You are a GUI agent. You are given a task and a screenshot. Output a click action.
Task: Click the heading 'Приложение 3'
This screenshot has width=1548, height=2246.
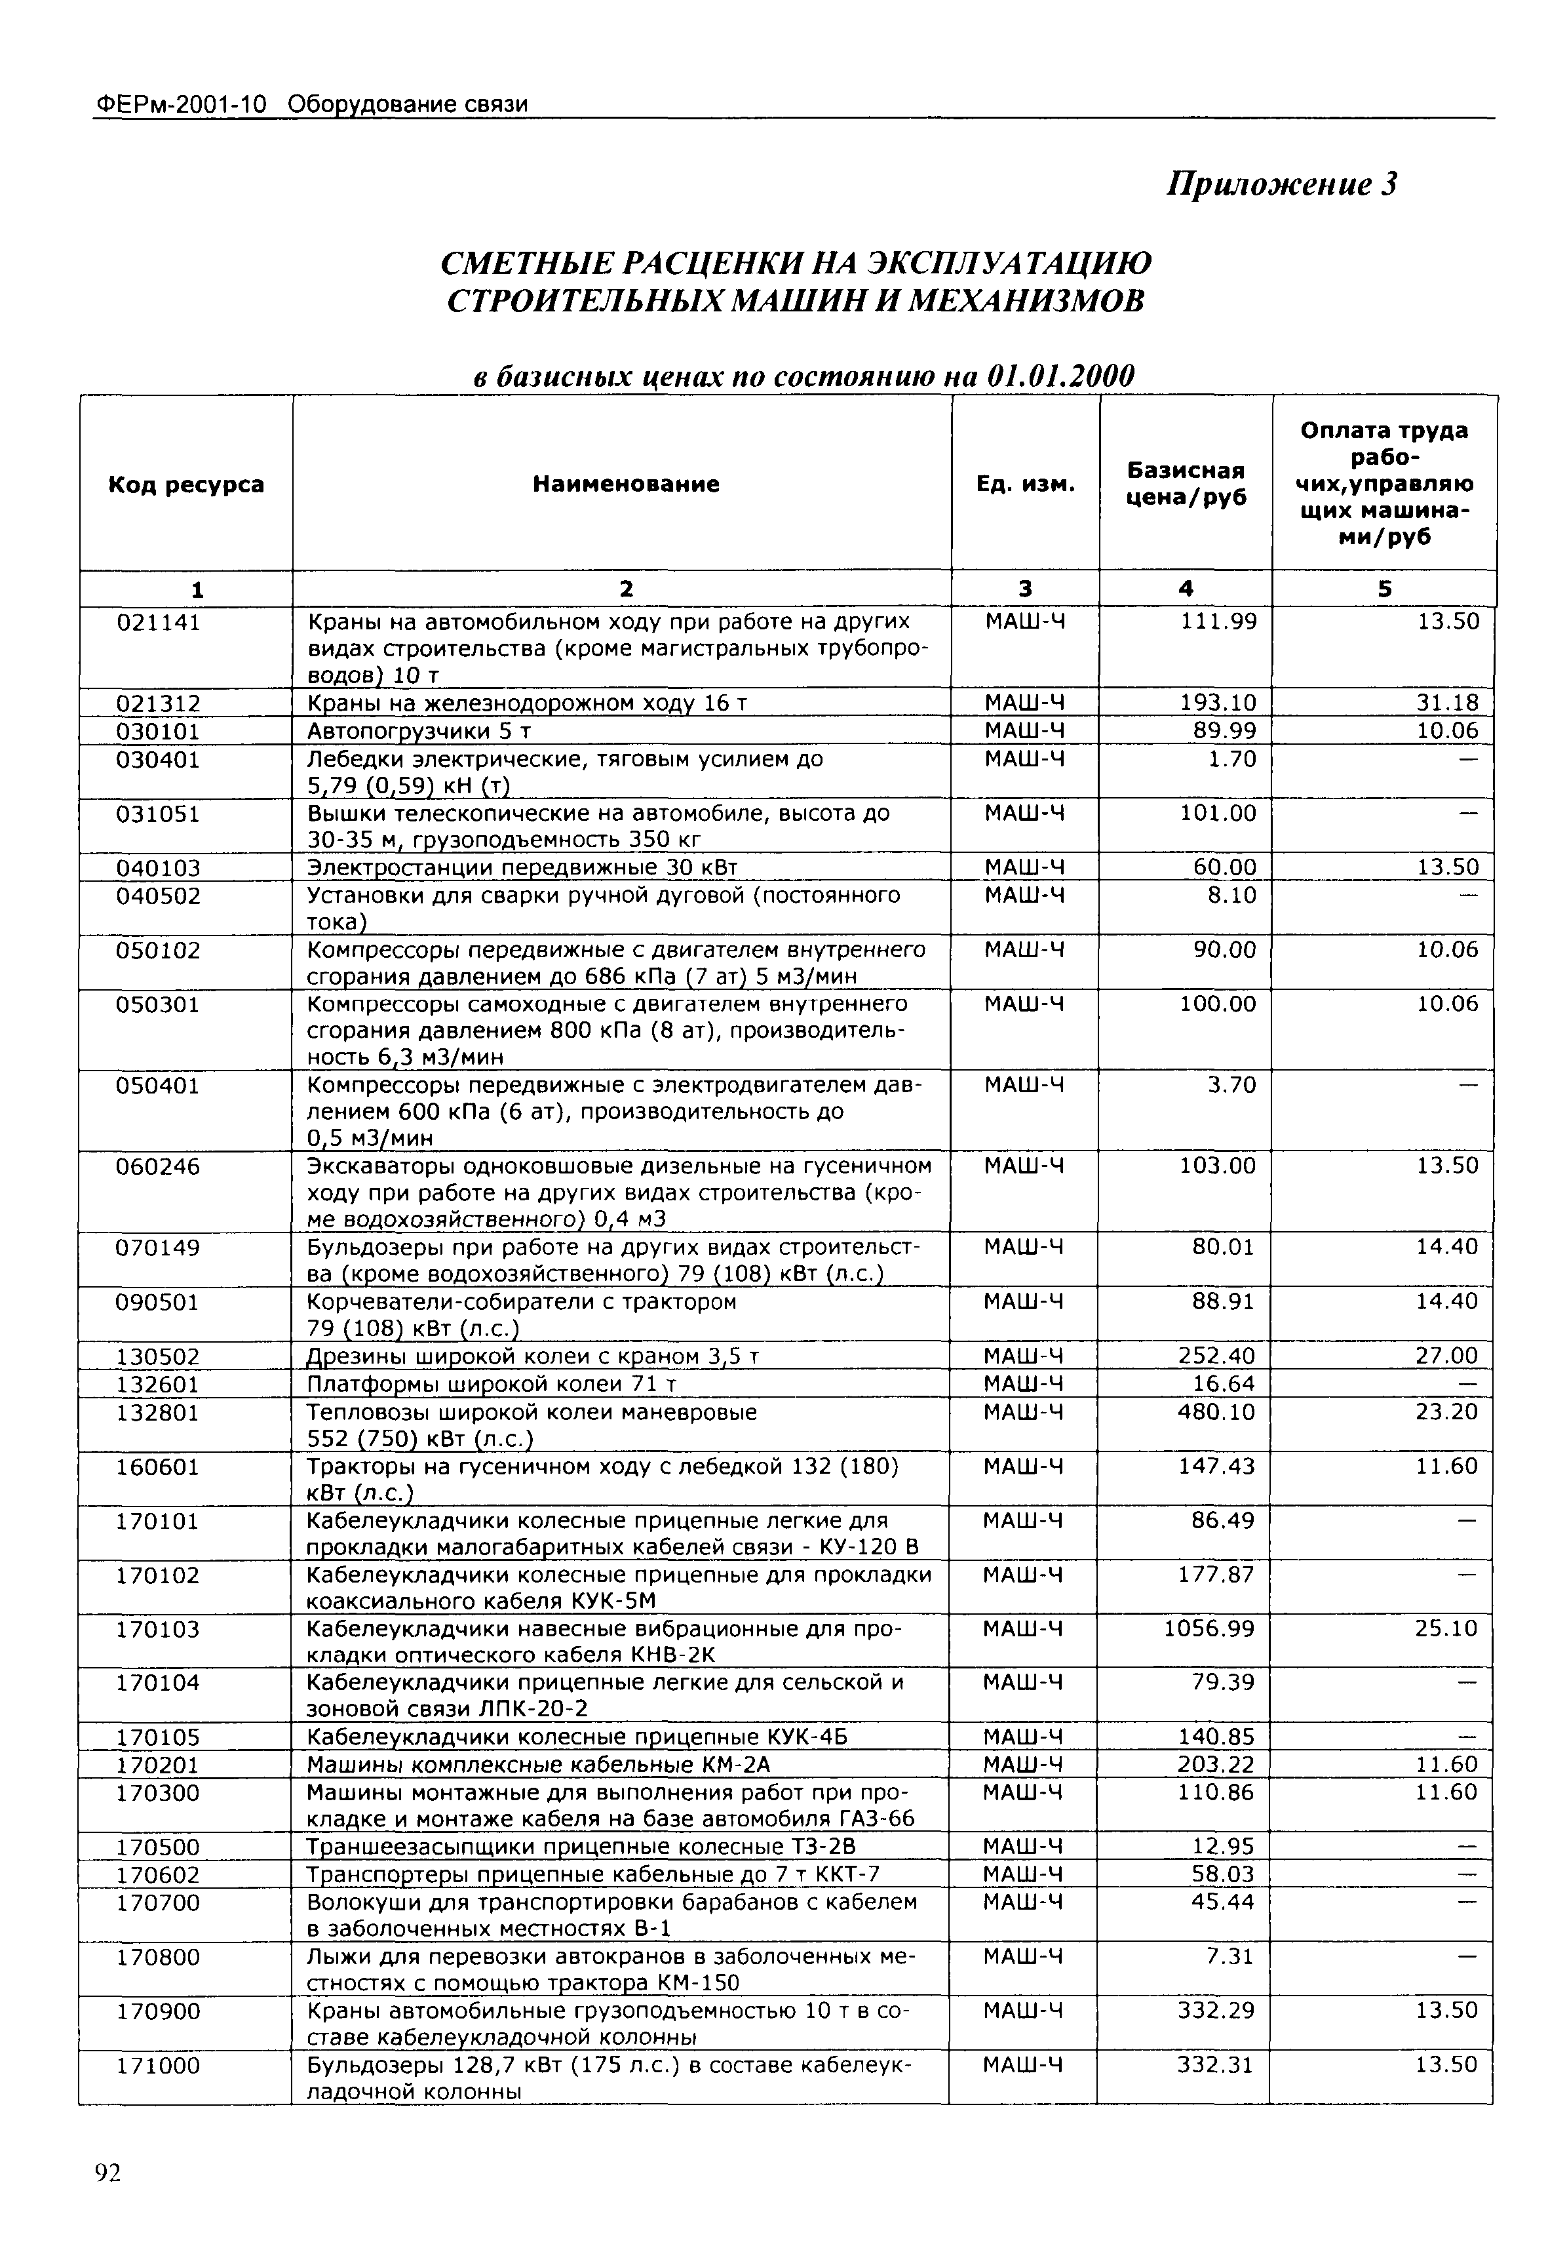tap(1281, 184)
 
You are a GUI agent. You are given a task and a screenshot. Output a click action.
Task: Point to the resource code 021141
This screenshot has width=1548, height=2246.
tap(158, 622)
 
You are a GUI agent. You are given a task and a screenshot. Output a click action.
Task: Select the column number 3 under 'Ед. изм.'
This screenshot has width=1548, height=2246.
tap(1025, 589)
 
